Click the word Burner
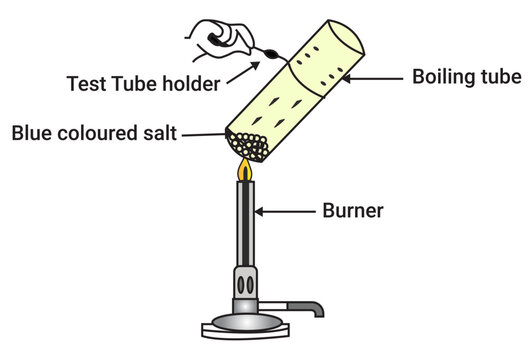tap(352, 211)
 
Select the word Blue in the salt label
tap(32, 132)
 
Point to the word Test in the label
tap(84, 84)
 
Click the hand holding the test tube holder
tap(216, 37)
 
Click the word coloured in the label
tap(97, 132)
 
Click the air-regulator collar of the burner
tap(245, 282)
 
